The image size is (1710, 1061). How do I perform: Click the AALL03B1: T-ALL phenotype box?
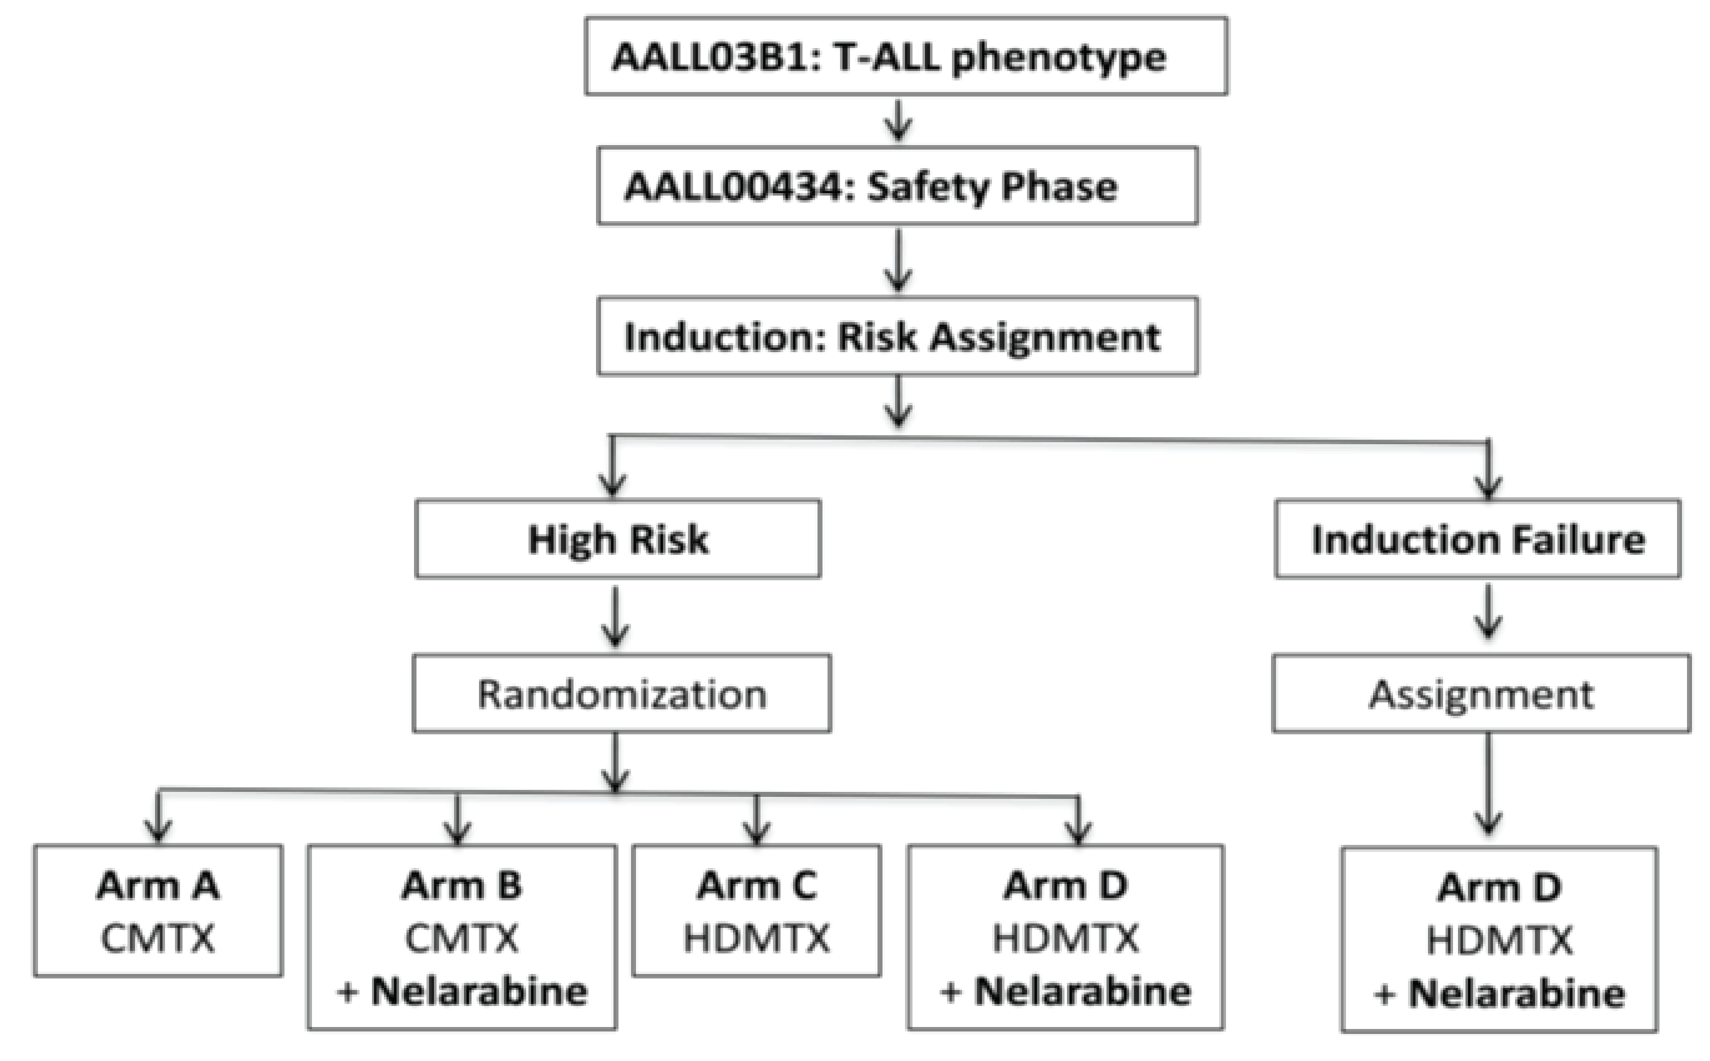[x=905, y=56]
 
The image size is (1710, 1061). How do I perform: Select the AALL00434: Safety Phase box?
[x=897, y=186]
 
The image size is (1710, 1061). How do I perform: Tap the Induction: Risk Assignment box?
[x=897, y=337]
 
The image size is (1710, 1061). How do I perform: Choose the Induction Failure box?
[x=1477, y=539]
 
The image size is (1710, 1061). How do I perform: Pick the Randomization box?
[x=621, y=694]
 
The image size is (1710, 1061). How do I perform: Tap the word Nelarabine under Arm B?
[x=479, y=991]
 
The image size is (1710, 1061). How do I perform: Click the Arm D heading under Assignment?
[x=1499, y=888]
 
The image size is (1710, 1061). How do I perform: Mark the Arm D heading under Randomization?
[x=1064, y=885]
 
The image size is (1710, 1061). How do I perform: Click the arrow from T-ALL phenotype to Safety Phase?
[x=898, y=121]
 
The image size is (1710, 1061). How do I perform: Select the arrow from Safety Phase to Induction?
[x=898, y=261]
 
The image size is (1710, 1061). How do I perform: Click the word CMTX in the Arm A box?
[x=158, y=938]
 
